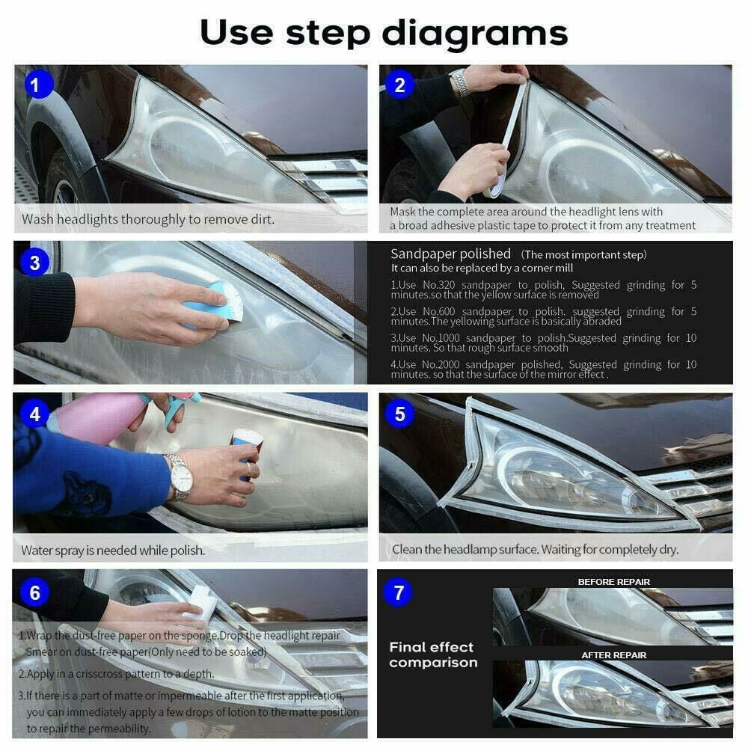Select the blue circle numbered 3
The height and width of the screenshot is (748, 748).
click(x=34, y=263)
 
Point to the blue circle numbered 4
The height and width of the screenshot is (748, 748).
click(x=34, y=414)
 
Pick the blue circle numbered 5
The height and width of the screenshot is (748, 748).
click(x=399, y=414)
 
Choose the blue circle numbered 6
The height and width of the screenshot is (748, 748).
click(x=34, y=592)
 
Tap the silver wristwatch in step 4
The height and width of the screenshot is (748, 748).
click(x=179, y=476)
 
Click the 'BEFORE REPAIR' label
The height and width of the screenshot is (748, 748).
click(x=613, y=581)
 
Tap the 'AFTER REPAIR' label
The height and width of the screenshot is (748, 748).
click(x=613, y=654)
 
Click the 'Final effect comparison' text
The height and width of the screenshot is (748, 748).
click(x=432, y=654)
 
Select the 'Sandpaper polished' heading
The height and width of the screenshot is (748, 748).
click(x=450, y=254)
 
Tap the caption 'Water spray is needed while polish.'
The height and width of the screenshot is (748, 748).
click(x=112, y=551)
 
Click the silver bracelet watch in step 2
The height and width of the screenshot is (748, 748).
click(x=459, y=84)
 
